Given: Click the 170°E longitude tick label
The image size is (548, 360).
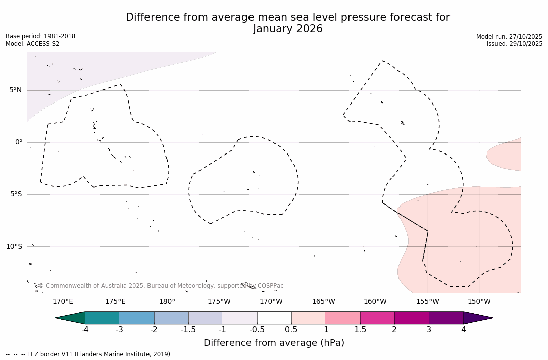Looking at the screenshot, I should tap(63, 302).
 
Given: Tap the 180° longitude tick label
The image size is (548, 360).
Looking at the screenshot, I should tap(167, 302).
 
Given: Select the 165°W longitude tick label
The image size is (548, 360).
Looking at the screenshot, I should tap(323, 302).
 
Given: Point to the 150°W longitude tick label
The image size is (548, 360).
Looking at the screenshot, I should tap(479, 302).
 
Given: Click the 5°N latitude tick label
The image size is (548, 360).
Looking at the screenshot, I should tap(15, 90).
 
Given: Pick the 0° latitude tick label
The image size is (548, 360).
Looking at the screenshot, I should tap(18, 142).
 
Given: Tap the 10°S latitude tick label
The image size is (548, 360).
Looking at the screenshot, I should tap(14, 246).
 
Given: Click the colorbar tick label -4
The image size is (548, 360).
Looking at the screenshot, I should tap(85, 330).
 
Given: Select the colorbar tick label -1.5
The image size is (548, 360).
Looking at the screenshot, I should tap(188, 330).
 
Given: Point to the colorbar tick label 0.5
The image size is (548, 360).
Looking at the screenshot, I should tap(291, 330).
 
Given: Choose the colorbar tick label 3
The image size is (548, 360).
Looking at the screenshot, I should tap(429, 330).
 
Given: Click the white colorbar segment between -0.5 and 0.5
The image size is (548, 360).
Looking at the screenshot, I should tap(274, 318).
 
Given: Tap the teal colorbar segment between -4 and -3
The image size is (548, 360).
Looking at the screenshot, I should tap(103, 318).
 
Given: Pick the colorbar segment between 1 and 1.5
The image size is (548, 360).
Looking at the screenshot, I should tap(343, 318).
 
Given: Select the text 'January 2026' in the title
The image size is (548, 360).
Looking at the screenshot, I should tap(287, 29).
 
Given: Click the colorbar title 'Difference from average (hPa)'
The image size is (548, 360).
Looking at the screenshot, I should tap(274, 343).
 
